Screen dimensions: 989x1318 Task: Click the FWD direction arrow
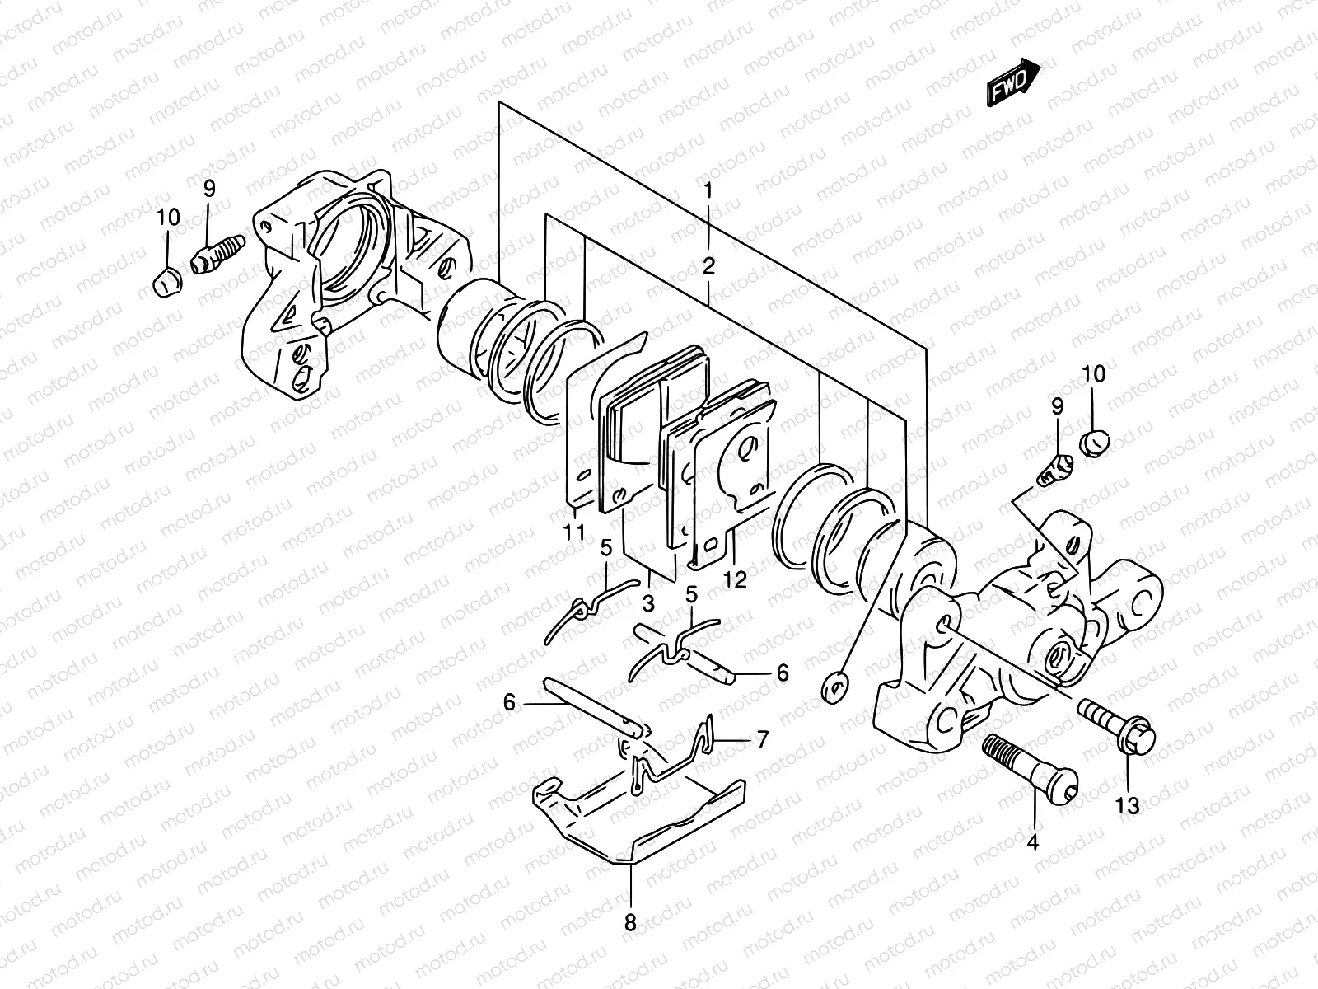click(x=1012, y=82)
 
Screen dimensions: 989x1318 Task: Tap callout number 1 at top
click(x=708, y=190)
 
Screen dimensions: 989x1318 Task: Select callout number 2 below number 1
click(x=708, y=265)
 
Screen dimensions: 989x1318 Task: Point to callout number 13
click(x=1128, y=805)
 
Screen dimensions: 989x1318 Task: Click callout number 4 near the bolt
click(x=1033, y=842)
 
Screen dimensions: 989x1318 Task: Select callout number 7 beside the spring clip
click(x=762, y=739)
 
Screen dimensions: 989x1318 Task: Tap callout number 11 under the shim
click(x=574, y=532)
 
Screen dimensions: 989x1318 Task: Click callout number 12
click(x=736, y=579)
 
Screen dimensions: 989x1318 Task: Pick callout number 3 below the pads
click(x=648, y=603)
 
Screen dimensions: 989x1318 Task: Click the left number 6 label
click(x=509, y=702)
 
